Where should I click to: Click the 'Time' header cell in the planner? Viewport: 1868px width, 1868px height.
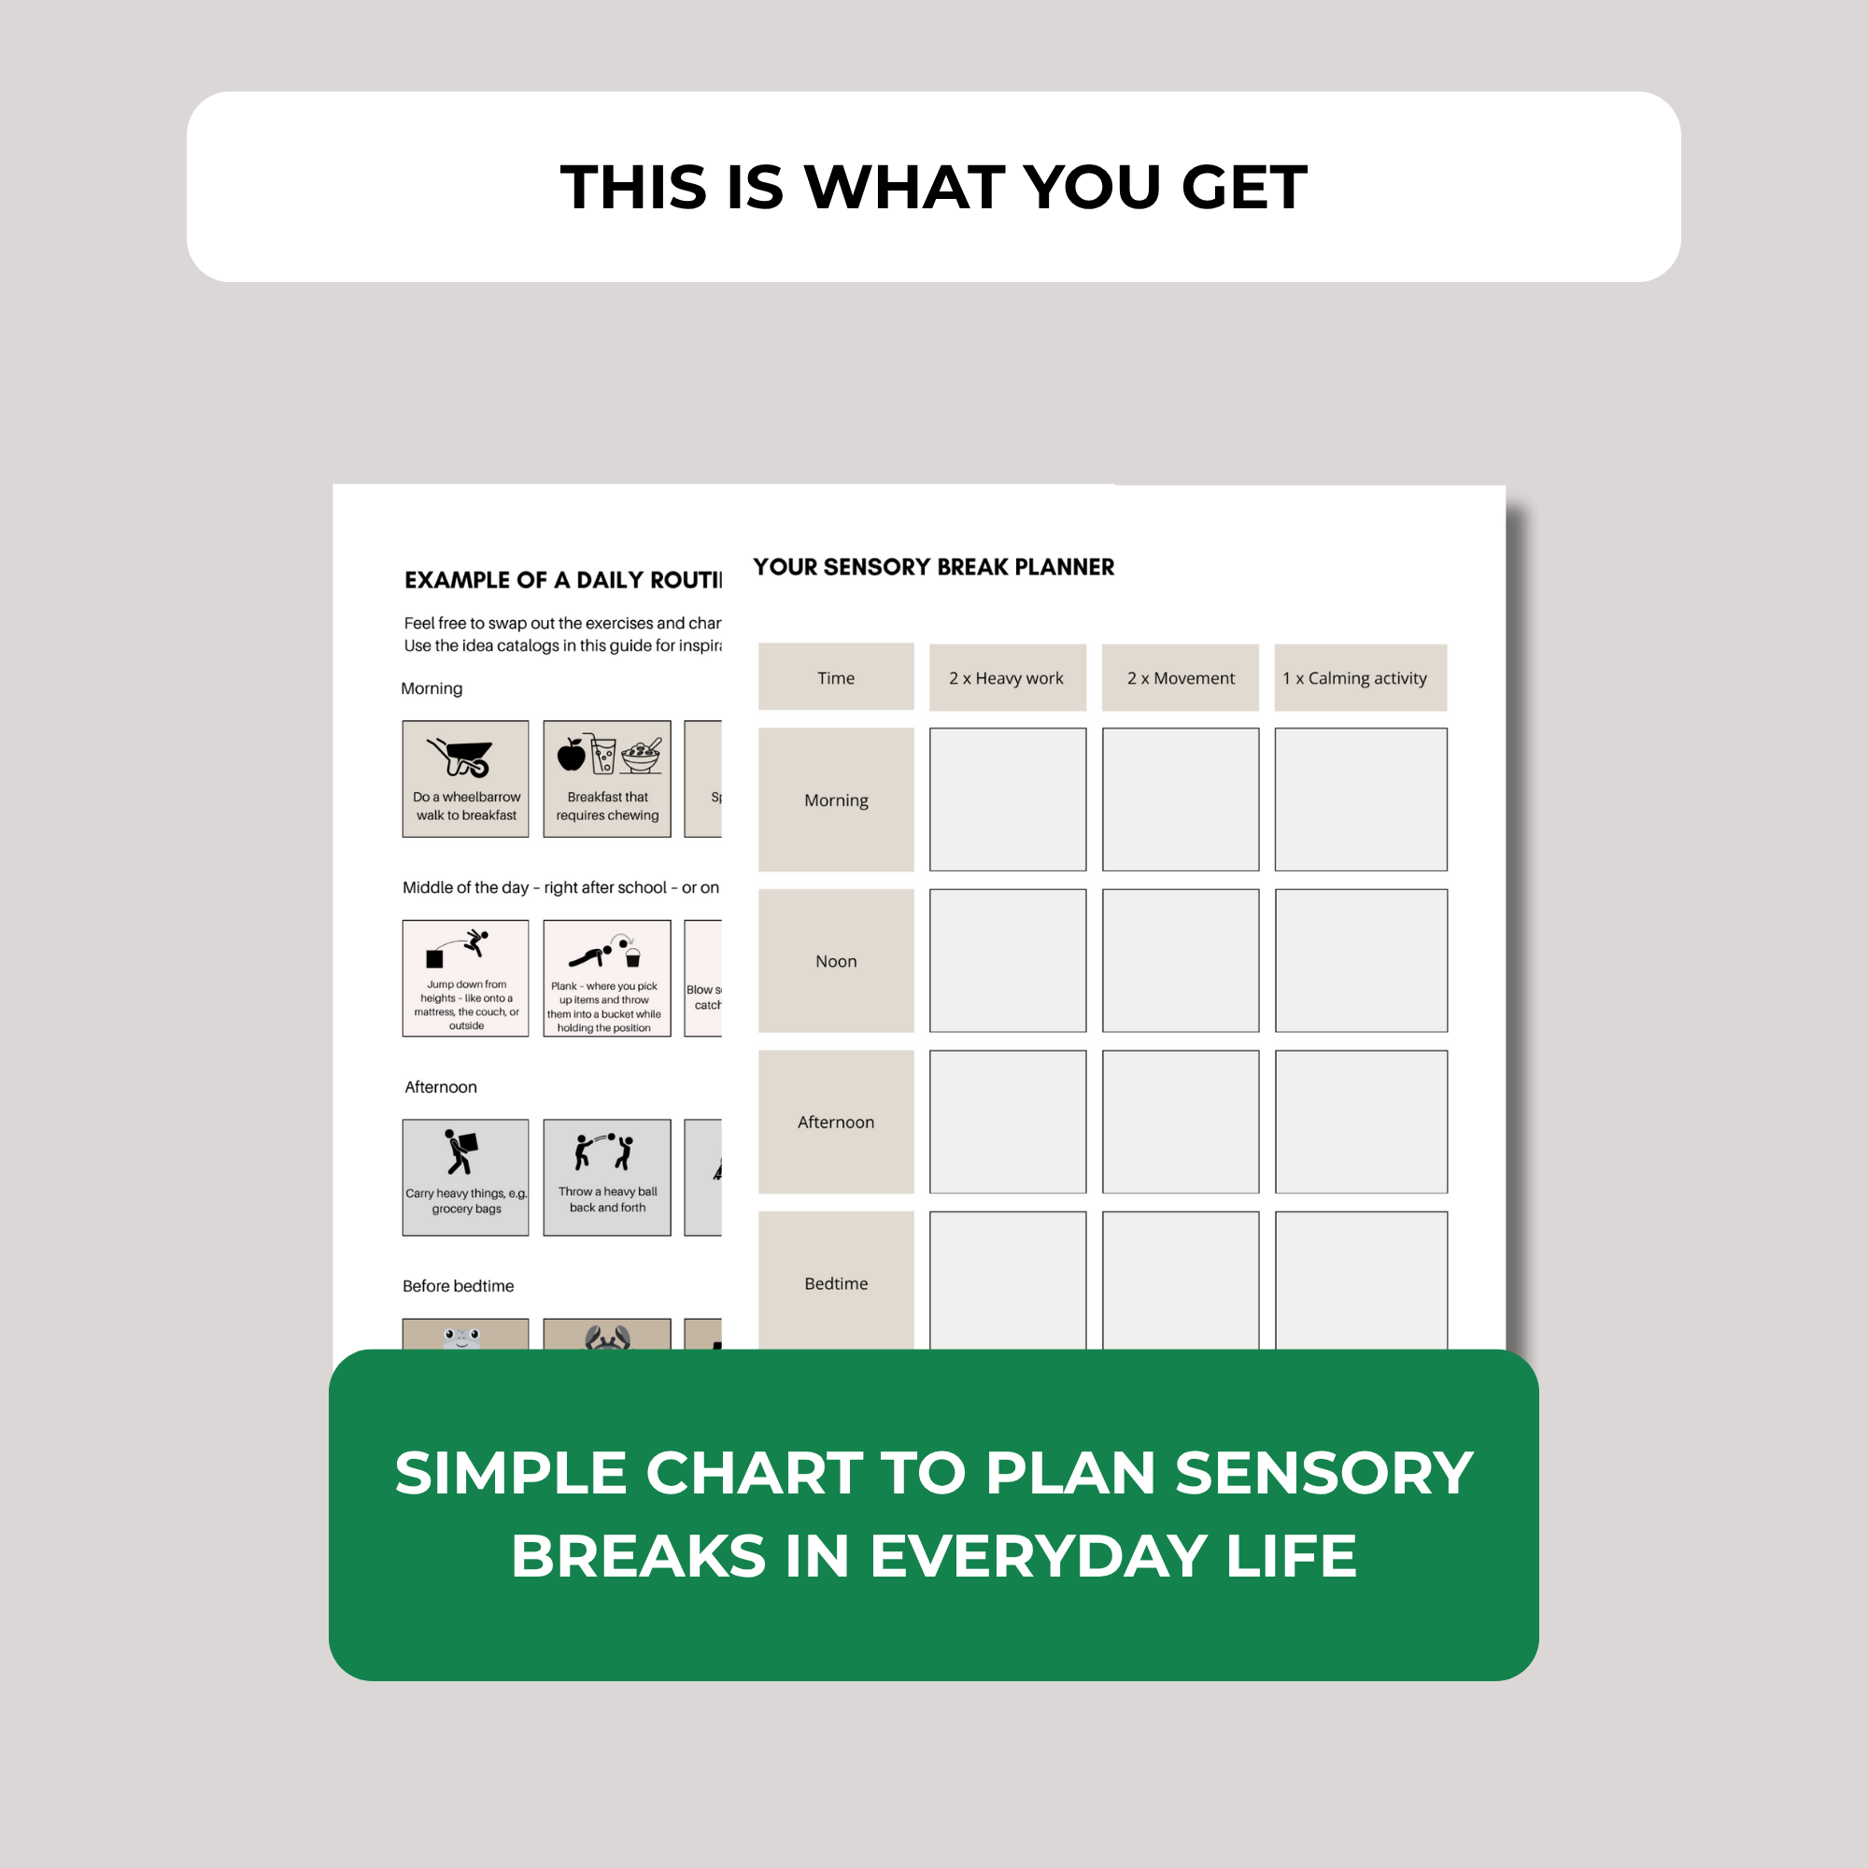[x=835, y=678]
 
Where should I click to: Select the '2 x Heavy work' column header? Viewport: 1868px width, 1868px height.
[x=1007, y=678]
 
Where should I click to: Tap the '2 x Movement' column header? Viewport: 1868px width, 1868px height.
[x=1180, y=678]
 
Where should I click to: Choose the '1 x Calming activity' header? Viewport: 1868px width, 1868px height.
[x=1359, y=678]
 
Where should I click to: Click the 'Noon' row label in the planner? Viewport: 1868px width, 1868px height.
[x=835, y=961]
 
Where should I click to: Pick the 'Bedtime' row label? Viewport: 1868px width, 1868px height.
[x=835, y=1283]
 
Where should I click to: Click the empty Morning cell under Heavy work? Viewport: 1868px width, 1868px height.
[x=1008, y=800]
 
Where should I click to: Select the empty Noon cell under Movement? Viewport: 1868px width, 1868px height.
[x=1180, y=961]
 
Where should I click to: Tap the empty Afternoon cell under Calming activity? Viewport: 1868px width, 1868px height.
[x=1361, y=1122]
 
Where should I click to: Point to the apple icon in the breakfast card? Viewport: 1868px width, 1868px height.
[x=572, y=754]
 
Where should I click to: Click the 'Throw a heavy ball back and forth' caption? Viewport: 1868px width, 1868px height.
[x=607, y=1199]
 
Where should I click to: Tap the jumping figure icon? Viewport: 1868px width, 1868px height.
[x=474, y=941]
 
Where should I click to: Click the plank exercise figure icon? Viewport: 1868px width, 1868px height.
[x=588, y=956]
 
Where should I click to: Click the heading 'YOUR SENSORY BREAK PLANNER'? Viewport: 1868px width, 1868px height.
[x=933, y=568]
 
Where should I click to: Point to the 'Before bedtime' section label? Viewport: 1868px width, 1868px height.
[x=459, y=1286]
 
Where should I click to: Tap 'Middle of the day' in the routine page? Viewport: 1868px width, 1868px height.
[x=466, y=887]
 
